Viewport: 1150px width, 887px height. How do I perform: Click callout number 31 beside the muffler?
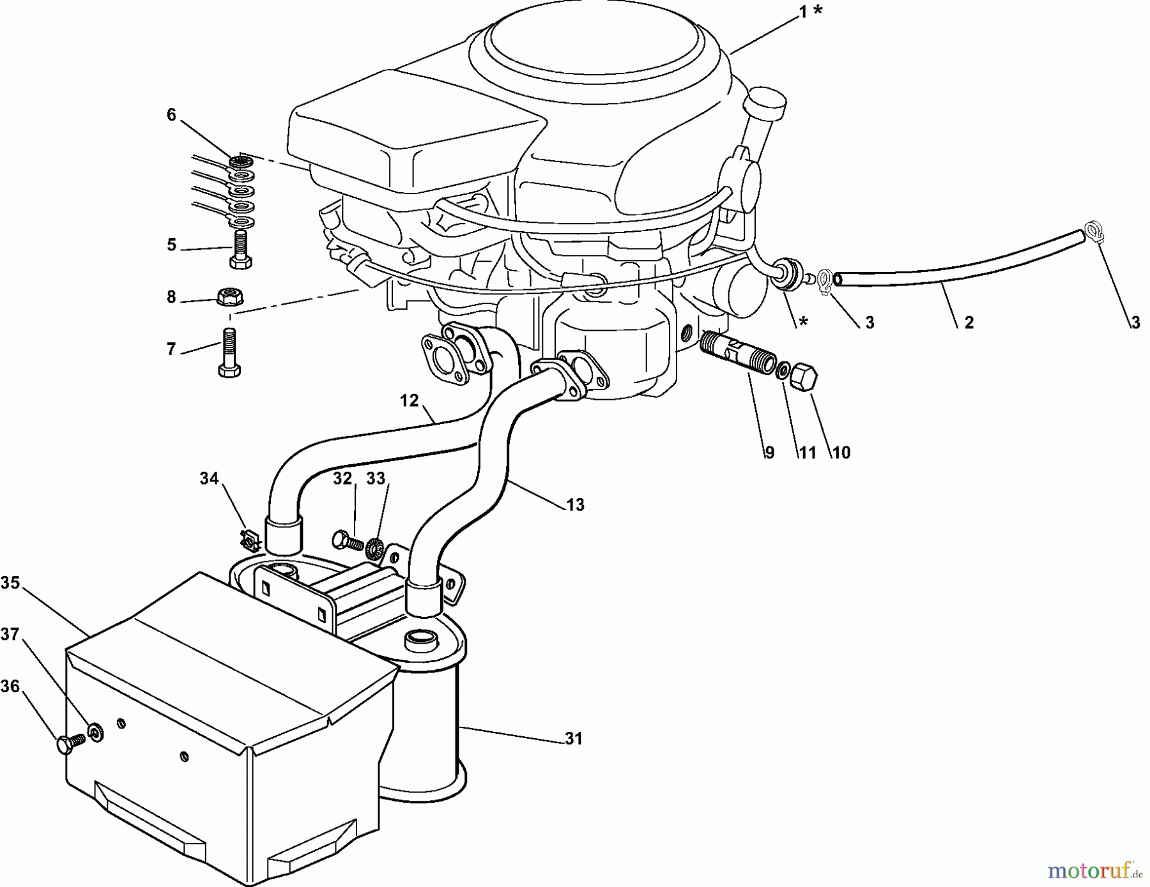574,739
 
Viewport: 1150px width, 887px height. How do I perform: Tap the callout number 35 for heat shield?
10,583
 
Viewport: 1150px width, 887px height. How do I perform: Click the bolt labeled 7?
230,353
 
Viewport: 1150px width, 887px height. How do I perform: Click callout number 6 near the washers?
171,115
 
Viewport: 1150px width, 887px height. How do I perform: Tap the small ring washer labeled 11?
782,370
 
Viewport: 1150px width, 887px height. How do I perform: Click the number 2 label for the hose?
969,323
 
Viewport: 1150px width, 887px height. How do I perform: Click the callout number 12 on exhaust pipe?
409,401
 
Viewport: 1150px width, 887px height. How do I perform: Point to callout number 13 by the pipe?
575,505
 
